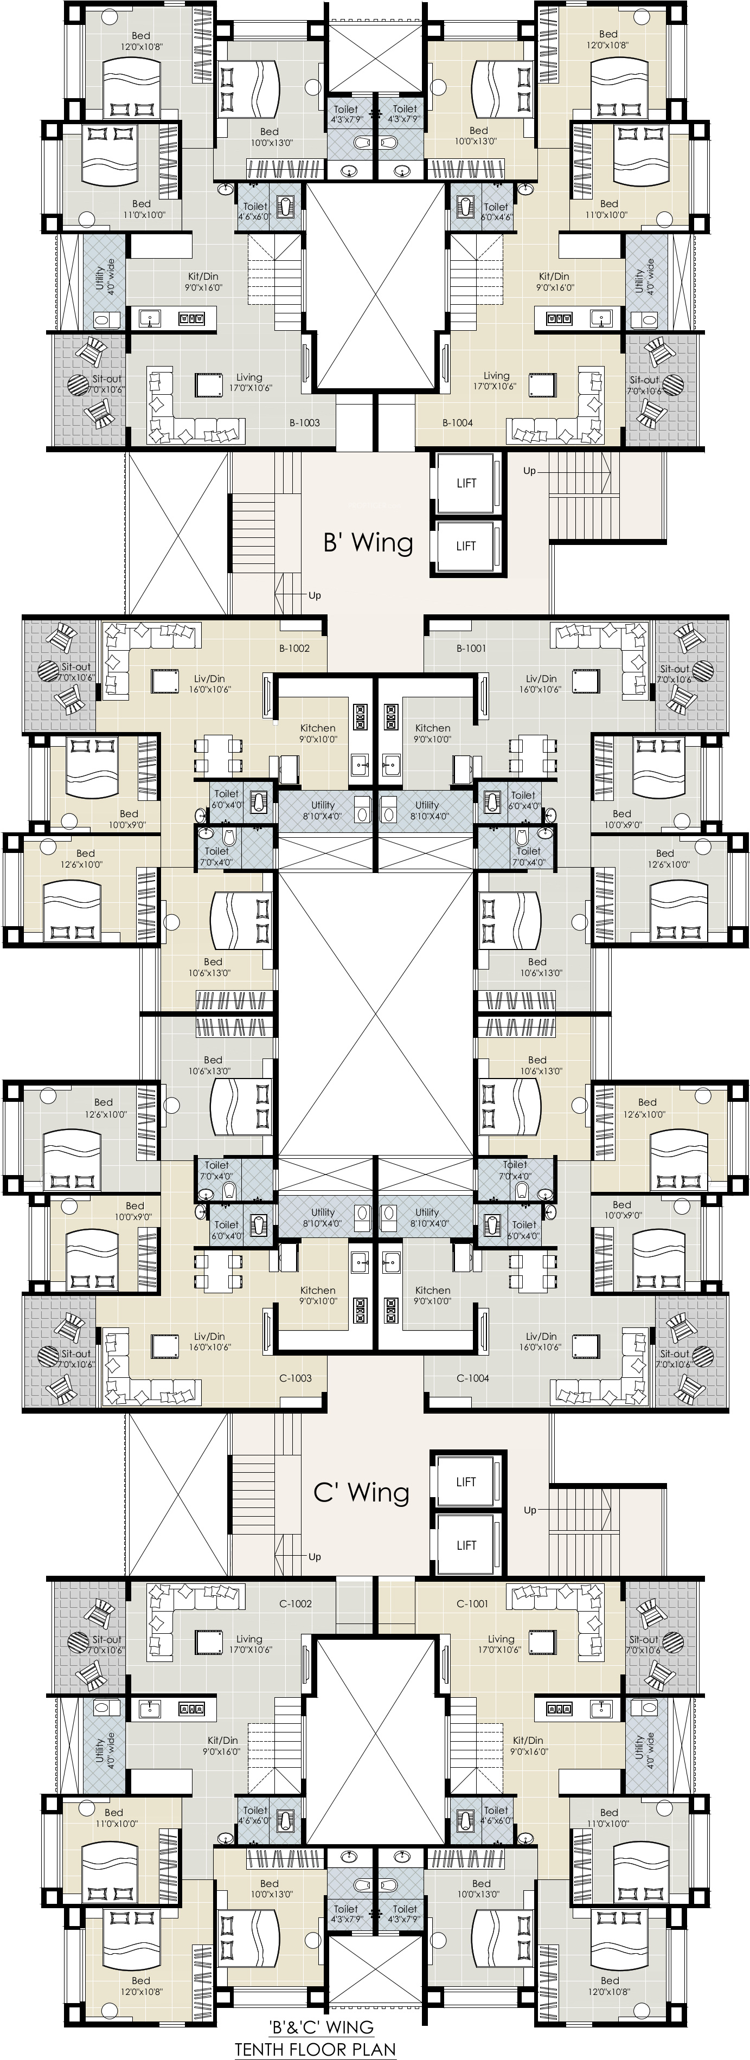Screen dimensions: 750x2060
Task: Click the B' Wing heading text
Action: (368, 542)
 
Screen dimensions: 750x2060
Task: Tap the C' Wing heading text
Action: (361, 1492)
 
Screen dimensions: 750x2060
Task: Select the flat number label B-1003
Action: (305, 423)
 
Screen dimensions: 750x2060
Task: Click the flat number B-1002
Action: (294, 649)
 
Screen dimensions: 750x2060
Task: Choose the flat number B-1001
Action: (471, 649)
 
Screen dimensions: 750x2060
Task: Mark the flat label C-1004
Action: (472, 1378)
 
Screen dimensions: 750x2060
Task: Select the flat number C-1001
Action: (472, 1603)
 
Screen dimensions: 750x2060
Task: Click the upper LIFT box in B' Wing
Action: (467, 483)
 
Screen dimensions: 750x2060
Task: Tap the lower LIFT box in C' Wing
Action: (467, 1545)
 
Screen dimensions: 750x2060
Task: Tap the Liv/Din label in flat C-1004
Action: (541, 1336)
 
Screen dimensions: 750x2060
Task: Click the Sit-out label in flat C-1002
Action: (106, 1639)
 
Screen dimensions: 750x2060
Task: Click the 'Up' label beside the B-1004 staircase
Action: (529, 471)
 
